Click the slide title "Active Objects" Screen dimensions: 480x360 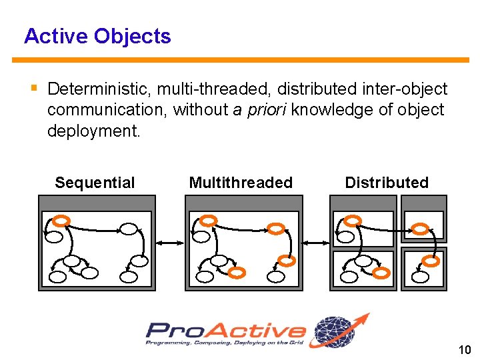tap(97, 36)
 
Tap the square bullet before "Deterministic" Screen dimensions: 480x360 tap(33, 88)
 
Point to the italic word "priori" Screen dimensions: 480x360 tap(267, 110)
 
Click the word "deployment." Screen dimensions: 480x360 tap(94, 131)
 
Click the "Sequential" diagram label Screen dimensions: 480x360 tap(95, 183)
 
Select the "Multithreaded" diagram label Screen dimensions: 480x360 tap(241, 183)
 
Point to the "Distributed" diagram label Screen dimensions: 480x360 tap(387, 183)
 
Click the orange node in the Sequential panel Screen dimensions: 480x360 tap(61, 220)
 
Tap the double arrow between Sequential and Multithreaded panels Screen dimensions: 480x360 tap(171, 244)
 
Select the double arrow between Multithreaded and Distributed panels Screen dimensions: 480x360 tap(316, 244)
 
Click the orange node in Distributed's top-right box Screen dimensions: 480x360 tap(420, 229)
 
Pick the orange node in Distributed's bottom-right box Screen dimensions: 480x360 tap(431, 261)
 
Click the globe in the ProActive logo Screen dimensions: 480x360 tap(337, 331)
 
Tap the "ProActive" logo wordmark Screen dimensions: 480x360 tap(226, 331)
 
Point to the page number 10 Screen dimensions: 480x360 tap(465, 350)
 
